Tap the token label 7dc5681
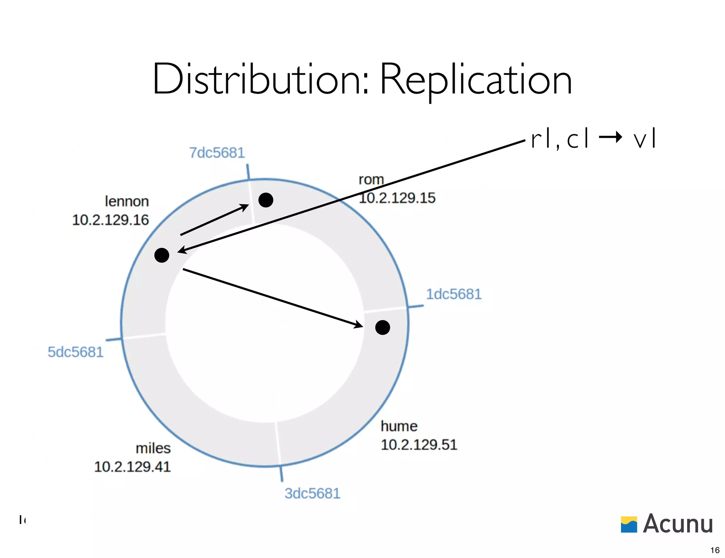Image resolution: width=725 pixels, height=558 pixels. [x=217, y=153]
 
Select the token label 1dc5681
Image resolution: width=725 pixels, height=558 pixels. [x=453, y=294]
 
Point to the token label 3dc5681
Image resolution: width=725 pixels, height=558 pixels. [x=312, y=493]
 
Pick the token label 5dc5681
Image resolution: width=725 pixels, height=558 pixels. [x=75, y=352]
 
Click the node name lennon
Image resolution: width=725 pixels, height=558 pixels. [x=127, y=201]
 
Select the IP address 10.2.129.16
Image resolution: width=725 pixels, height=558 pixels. [x=110, y=220]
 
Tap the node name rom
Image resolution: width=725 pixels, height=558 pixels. [x=371, y=180]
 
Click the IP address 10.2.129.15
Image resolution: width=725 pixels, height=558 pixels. [x=397, y=198]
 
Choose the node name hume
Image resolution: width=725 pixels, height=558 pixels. [x=399, y=426]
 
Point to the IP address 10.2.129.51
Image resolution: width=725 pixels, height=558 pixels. [x=419, y=445]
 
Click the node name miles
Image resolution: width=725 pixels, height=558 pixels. [x=153, y=448]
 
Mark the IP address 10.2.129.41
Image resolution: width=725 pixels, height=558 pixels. [x=132, y=467]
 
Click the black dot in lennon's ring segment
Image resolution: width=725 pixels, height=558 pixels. [x=162, y=255]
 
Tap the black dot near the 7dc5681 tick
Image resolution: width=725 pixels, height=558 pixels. [x=266, y=200]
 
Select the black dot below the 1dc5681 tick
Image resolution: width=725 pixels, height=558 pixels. [x=383, y=328]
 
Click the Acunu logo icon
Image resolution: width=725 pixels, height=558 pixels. [x=629, y=524]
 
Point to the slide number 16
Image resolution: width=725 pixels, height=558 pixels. [x=715, y=550]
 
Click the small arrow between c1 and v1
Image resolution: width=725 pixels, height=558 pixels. [x=610, y=137]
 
